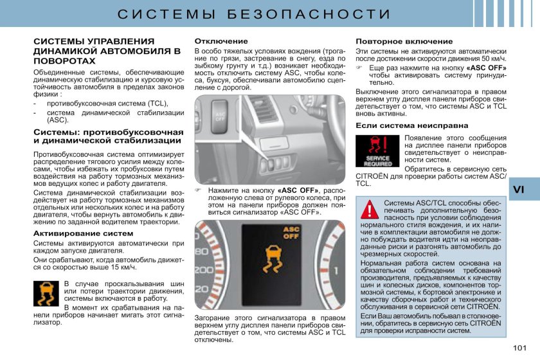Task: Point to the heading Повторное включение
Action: [404, 41]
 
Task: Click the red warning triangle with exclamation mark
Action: [370, 210]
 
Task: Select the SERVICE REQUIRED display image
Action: [378, 152]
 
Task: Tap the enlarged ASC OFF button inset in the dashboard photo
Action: [220, 114]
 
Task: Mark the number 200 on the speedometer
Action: [204, 270]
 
